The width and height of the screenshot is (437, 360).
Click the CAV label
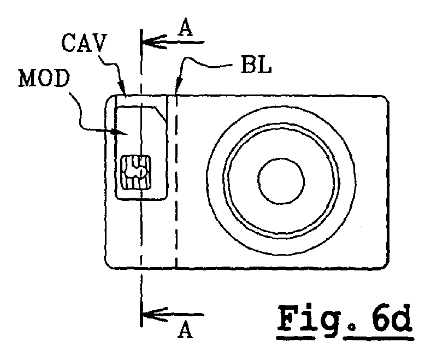85,43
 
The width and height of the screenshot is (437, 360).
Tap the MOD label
44,78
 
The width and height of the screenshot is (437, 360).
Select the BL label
256,66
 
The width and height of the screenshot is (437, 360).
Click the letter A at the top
186,29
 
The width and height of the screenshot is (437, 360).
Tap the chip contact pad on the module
135,173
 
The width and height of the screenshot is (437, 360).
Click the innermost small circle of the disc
281,181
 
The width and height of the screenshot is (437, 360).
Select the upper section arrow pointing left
173,43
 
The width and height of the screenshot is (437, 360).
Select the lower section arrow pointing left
173,315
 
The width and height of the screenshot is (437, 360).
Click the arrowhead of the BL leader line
179,86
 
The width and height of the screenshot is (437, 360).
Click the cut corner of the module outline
161,114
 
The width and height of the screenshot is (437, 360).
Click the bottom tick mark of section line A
142,314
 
